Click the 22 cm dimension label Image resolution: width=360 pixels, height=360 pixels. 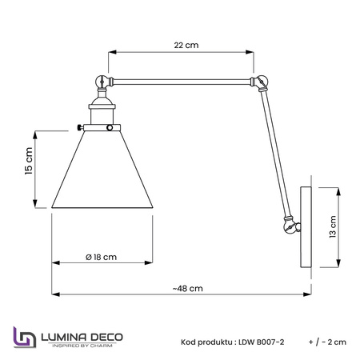pos(186,46)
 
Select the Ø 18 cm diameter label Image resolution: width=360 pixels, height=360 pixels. pos(101,257)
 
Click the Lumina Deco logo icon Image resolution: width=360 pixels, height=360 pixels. pos(24,338)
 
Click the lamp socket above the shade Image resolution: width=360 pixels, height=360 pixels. pos(102,113)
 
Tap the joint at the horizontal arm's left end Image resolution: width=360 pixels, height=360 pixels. pos(102,80)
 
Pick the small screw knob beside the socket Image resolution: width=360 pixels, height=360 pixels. pos(80,127)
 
